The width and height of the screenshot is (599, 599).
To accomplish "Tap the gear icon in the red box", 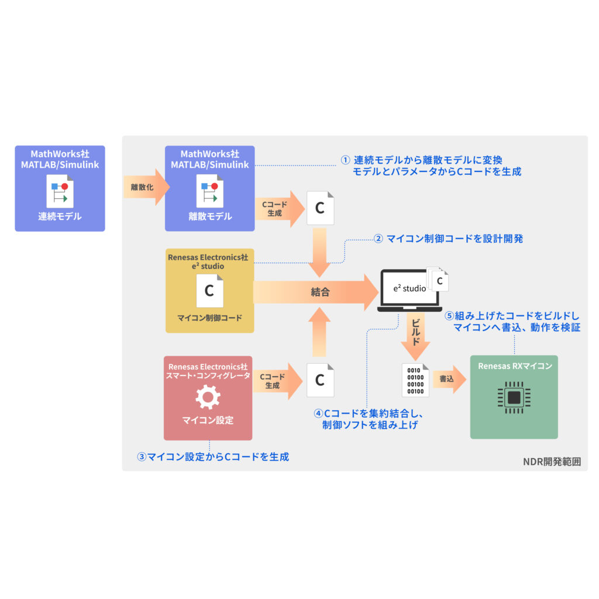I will click(x=208, y=397).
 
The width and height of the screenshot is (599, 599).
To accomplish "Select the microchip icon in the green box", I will click(x=514, y=398).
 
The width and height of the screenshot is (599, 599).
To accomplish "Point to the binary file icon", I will click(x=415, y=380).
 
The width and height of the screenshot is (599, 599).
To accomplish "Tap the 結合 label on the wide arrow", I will click(x=320, y=292).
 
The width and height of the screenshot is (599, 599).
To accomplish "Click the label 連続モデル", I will click(x=60, y=216).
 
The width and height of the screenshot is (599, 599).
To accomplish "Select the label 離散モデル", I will click(x=210, y=216).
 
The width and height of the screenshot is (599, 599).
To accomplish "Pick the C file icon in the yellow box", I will click(x=209, y=290).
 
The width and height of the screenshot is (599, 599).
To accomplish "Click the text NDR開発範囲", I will click(x=552, y=462).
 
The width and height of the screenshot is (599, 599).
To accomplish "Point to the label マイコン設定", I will click(x=208, y=420).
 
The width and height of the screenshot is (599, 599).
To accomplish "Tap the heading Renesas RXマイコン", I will click(x=514, y=367).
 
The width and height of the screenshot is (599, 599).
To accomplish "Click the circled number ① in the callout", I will click(x=345, y=160).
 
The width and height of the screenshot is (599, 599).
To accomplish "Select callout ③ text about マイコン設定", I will click(x=213, y=457).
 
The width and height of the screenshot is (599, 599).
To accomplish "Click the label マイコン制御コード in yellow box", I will click(x=209, y=318).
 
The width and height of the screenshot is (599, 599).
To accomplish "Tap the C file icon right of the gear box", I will click(x=320, y=380).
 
